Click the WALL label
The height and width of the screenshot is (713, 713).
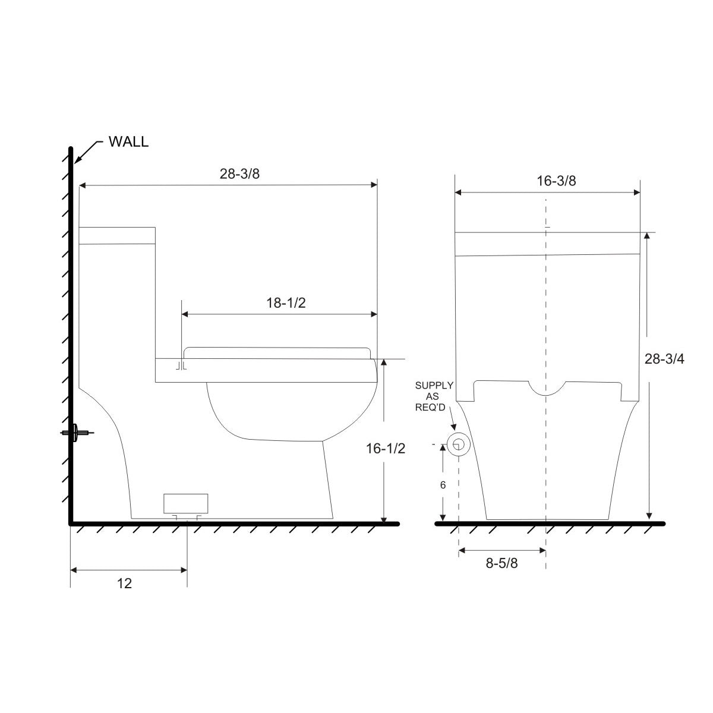128,142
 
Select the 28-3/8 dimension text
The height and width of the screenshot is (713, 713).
240,173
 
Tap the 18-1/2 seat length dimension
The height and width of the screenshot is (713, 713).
286,303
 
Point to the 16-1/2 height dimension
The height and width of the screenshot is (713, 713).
386,449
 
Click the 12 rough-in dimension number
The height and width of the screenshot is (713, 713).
124,583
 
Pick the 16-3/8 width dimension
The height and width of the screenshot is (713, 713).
556,181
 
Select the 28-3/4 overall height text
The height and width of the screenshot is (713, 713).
664,358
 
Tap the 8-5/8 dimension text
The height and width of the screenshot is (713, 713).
501,563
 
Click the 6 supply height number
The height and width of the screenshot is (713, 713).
443,485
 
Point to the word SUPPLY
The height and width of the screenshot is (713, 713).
434,386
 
